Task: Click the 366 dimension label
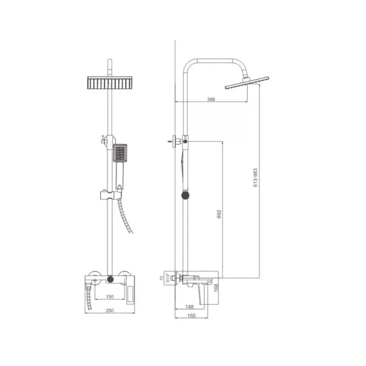pyautogui.click(x=211, y=99)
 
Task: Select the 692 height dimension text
pyautogui.click(x=219, y=214)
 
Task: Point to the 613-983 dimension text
pyautogui.click(x=256, y=177)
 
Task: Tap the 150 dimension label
pyautogui.click(x=109, y=296)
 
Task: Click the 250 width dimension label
pyautogui.click(x=110, y=310)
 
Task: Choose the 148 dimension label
pyautogui.click(x=189, y=307)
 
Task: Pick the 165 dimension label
pyautogui.click(x=191, y=316)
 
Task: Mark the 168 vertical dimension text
pyautogui.click(x=216, y=287)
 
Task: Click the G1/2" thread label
pyautogui.click(x=168, y=278)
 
